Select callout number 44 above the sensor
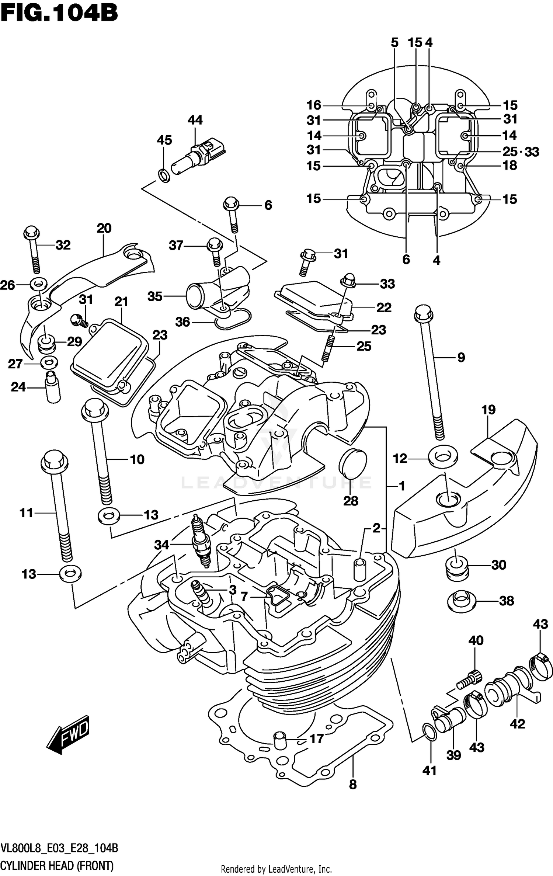coord(195,120)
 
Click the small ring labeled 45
coord(164,175)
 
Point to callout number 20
coord(104,228)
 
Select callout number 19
coord(488,410)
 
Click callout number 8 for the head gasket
coord(353,785)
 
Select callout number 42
coord(517,724)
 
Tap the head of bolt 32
coord(31,232)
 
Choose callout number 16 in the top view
coord(314,105)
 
